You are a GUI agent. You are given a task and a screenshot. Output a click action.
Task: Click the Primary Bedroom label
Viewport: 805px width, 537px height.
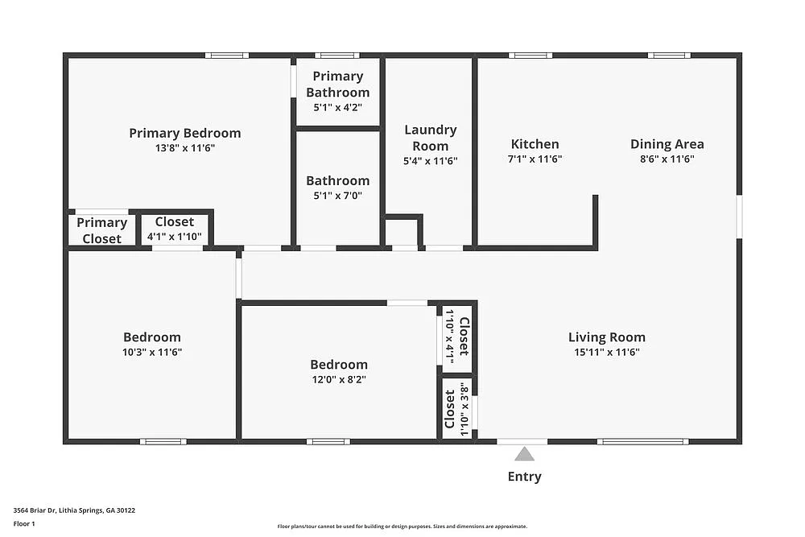(184, 133)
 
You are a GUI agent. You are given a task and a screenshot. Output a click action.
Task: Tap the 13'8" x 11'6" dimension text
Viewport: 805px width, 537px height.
(184, 148)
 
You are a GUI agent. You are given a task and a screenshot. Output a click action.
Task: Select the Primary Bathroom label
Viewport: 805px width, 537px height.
(337, 84)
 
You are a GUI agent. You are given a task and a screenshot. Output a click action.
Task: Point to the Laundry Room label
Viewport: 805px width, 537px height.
(430, 138)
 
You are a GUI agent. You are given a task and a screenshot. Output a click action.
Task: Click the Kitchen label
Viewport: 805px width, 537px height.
(535, 144)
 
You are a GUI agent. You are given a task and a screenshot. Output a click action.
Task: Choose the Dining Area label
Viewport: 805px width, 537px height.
(667, 144)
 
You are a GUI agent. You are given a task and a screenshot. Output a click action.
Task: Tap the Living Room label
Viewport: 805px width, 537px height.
(606, 337)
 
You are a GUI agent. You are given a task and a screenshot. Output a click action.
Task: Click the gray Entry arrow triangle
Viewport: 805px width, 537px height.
(524, 454)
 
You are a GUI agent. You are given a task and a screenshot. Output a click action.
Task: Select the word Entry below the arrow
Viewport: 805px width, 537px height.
(524, 477)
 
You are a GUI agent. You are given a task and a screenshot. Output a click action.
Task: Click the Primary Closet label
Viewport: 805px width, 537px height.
(102, 230)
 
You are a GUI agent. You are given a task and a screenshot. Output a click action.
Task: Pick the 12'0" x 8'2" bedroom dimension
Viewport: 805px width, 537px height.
(339, 380)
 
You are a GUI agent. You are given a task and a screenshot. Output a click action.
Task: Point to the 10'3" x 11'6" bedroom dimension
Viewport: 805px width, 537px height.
(152, 352)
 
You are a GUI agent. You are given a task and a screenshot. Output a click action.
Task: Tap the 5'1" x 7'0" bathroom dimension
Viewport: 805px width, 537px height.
(337, 196)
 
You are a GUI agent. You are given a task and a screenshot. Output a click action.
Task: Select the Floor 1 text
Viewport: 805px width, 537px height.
(24, 523)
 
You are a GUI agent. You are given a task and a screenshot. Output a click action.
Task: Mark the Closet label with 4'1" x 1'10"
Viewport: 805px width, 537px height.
(174, 222)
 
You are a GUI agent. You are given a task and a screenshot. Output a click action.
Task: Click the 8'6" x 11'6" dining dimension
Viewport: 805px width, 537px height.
(667, 159)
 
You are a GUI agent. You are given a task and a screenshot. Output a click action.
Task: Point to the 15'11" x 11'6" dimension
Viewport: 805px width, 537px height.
(606, 352)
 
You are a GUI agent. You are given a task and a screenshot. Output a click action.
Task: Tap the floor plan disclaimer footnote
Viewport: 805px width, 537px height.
(402, 526)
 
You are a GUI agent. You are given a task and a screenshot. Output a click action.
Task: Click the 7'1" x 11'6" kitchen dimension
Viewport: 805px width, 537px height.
(535, 159)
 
